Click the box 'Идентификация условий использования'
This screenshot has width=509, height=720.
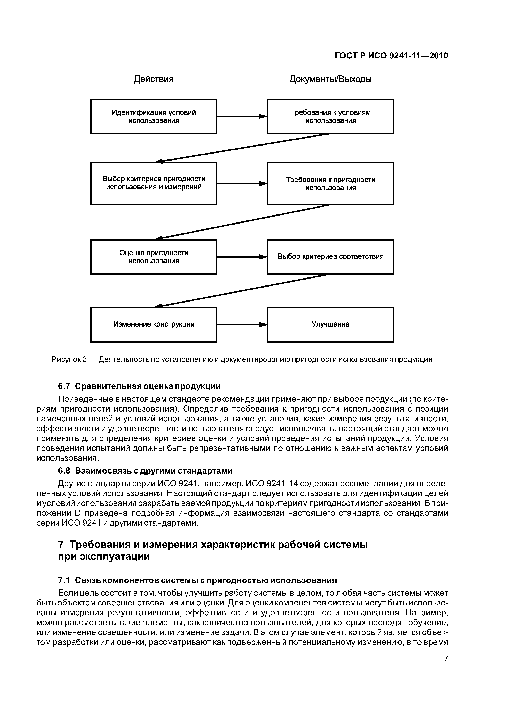(154, 116)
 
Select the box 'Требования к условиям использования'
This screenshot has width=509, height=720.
(330, 116)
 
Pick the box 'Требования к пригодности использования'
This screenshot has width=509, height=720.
(330, 183)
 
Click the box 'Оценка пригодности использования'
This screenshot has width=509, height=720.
(154, 257)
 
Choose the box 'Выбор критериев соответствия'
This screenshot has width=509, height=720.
(330, 257)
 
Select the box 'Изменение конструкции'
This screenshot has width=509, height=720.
(154, 324)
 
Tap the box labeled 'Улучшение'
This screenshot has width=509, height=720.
(330, 324)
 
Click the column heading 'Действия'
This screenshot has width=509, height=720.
(154, 79)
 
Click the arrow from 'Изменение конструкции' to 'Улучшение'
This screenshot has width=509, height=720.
(242, 324)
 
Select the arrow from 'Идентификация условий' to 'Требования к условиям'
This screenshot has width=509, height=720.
(242, 116)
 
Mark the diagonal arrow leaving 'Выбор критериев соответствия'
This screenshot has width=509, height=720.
(243, 290)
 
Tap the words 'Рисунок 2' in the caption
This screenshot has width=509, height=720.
(69, 359)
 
